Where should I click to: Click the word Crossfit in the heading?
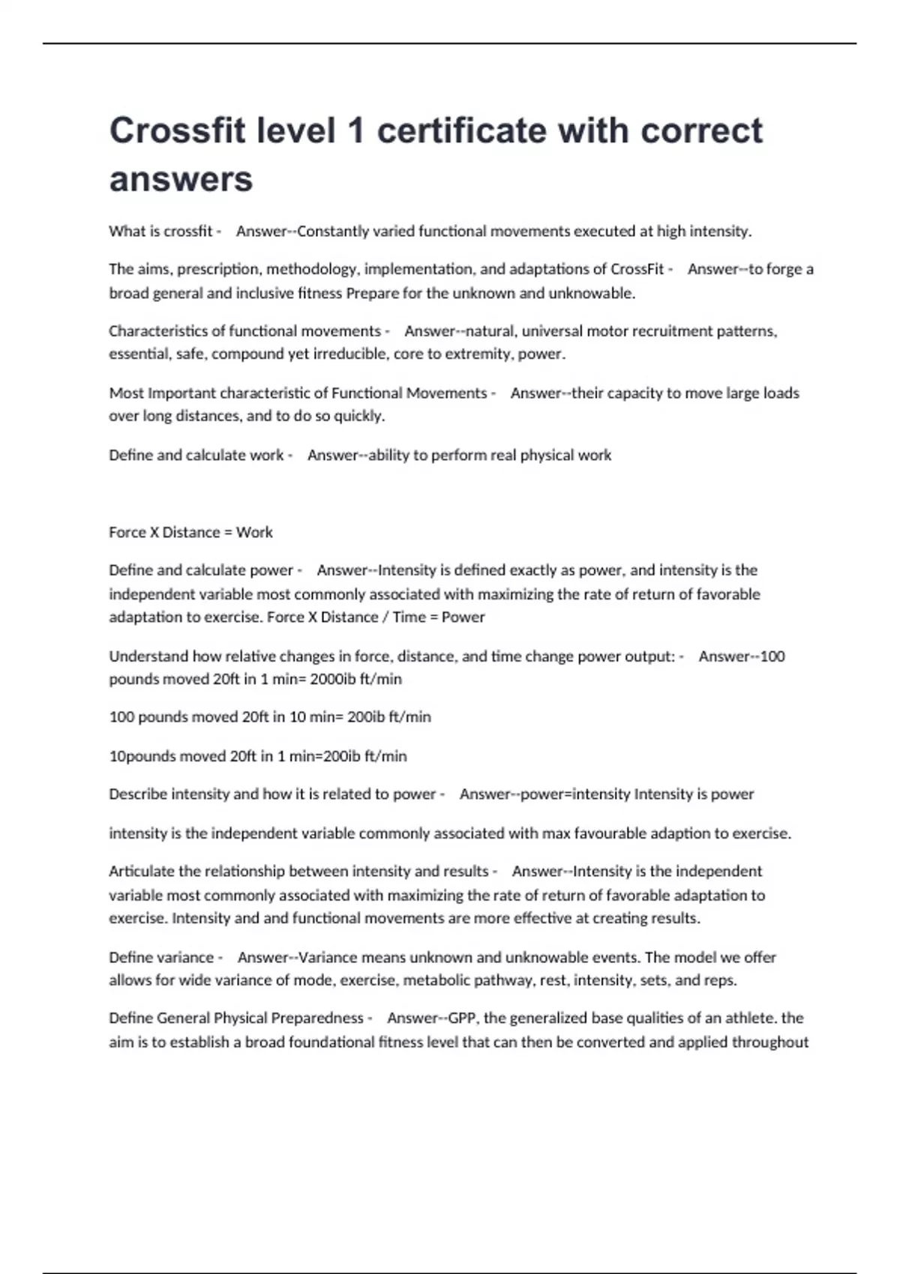coord(177,131)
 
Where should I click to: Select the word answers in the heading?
coord(181,179)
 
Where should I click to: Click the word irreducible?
coord(349,354)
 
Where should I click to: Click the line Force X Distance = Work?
coord(190,532)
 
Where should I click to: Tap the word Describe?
coord(138,794)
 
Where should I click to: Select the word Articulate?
coord(142,872)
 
